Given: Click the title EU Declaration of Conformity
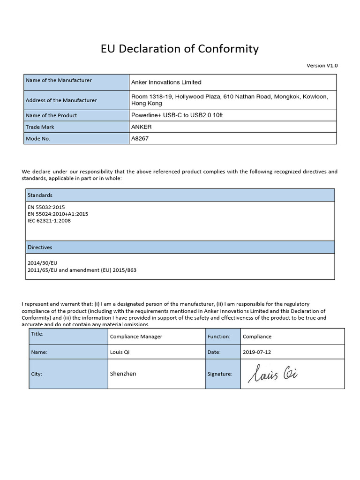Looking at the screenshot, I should tap(180, 49).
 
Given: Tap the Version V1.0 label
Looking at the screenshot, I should tap(322, 66).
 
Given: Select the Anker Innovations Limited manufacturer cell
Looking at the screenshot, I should tap(166, 82).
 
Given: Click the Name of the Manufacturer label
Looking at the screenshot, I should tap(59, 81).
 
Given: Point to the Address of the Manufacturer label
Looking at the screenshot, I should tap(61, 100).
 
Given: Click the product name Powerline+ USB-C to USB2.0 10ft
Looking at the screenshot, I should tap(177, 115).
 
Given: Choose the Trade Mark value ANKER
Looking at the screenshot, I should tap(142, 127).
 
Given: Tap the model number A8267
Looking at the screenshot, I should tap(141, 139).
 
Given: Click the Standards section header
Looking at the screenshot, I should tap(40, 195).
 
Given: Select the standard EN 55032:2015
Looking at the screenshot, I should tap(46, 207).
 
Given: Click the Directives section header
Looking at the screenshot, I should tap(40, 247).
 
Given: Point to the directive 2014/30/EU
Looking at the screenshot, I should tap(42, 263).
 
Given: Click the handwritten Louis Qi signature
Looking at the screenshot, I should tap(274, 374).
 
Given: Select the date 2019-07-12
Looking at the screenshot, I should tap(256, 352).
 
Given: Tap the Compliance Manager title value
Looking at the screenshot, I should tap(136, 337).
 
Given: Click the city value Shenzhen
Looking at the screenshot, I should tap(123, 374).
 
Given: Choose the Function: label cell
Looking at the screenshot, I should tap(219, 337).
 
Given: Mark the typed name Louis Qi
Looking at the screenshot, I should tap(120, 352).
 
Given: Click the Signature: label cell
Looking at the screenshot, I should tap(220, 374).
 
